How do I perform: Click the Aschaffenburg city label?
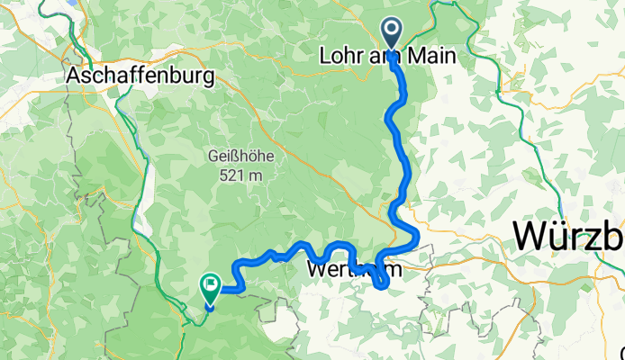pyautogui.click(x=140, y=76)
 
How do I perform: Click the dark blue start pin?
pyautogui.click(x=393, y=31)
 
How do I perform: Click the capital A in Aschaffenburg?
pyautogui.click(x=73, y=76)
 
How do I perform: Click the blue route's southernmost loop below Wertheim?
pyautogui.click(x=381, y=285)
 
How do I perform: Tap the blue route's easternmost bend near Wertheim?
pyautogui.click(x=416, y=236)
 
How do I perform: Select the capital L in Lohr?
pyautogui.click(x=325, y=56)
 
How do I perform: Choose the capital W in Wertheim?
pyautogui.click(x=316, y=269)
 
